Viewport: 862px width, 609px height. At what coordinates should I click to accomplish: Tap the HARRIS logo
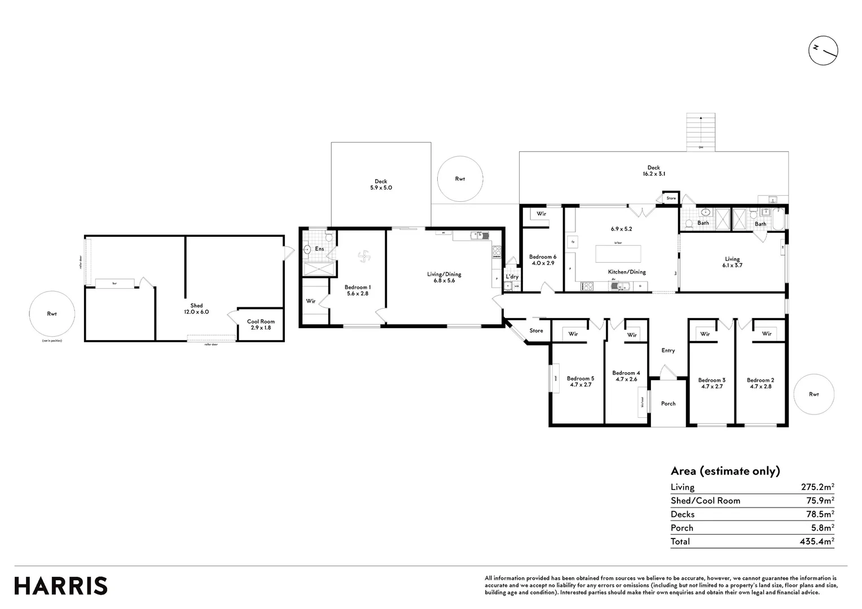pyautogui.click(x=61, y=586)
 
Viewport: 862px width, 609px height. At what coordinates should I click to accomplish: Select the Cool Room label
pyautogui.click(x=261, y=321)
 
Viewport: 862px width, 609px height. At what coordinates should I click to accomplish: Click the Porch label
pyautogui.click(x=668, y=404)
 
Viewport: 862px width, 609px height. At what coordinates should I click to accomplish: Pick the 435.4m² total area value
pyautogui.click(x=817, y=541)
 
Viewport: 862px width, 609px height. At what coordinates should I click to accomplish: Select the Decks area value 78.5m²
pyautogui.click(x=817, y=514)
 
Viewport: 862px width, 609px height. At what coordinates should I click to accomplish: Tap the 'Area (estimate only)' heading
pyautogui.click(x=725, y=471)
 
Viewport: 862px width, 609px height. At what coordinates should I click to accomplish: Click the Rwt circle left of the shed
pyautogui.click(x=52, y=314)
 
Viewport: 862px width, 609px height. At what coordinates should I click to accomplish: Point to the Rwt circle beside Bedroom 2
pyautogui.click(x=813, y=394)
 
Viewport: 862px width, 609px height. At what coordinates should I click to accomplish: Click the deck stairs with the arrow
pyautogui.click(x=701, y=132)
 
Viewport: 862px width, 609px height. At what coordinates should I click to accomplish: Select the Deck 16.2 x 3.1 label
pyautogui.click(x=653, y=171)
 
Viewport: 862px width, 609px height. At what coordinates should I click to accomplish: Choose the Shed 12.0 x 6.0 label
pyautogui.click(x=196, y=308)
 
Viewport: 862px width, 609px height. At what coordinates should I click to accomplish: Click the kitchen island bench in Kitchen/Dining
pyautogui.click(x=618, y=254)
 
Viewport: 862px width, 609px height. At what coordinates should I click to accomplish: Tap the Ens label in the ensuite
pyautogui.click(x=319, y=249)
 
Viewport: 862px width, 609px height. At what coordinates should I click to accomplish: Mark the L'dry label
pyautogui.click(x=512, y=276)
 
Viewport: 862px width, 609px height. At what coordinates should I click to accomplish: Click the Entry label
pyautogui.click(x=668, y=350)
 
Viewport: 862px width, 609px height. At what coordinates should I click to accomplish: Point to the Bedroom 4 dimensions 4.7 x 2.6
pyautogui.click(x=626, y=379)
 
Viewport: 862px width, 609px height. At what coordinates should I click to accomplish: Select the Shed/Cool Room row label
pyautogui.click(x=705, y=501)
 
